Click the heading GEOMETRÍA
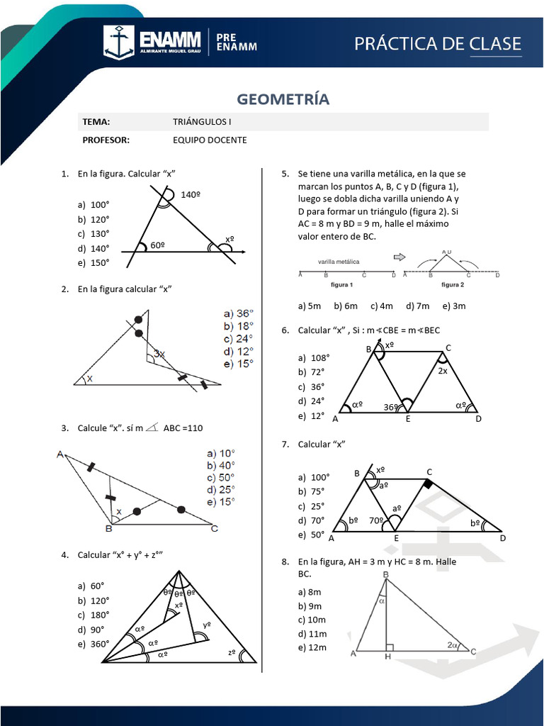tap(283, 99)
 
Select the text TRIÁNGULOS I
tap(202, 121)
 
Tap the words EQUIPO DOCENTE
tap(210, 140)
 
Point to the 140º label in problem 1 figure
tap(191, 194)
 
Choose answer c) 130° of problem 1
tap(94, 233)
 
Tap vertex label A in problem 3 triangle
tap(61, 454)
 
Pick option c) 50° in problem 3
tap(220, 477)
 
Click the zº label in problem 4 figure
tap(232, 652)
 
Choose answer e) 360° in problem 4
tap(94, 644)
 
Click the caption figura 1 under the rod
tap(341, 285)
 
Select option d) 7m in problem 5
tap(418, 306)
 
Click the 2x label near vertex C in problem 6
tap(442, 370)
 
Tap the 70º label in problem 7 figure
tap(377, 520)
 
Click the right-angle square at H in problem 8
tap(389, 647)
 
